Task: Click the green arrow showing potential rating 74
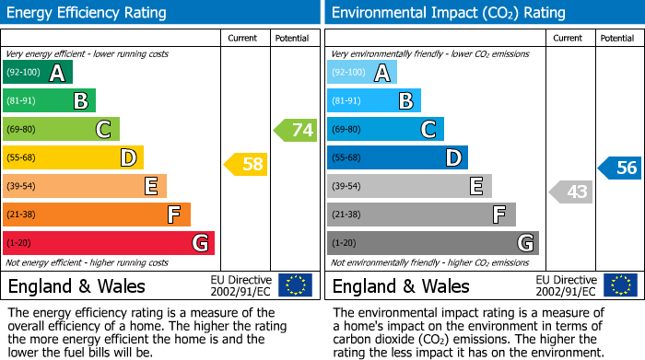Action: [x=296, y=130]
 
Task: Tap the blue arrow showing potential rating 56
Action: [x=620, y=168]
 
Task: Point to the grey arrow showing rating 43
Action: [x=571, y=192]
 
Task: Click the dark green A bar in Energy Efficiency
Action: [x=38, y=73]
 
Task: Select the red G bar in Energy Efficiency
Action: [x=109, y=243]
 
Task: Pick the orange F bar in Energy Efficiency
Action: [x=97, y=215]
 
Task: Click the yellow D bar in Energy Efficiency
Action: [x=74, y=157]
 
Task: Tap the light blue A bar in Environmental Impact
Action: [x=362, y=73]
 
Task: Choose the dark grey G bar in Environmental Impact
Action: [x=433, y=243]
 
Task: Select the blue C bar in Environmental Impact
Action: [x=385, y=129]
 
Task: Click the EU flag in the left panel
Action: [x=295, y=285]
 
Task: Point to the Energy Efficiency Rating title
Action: [x=88, y=13]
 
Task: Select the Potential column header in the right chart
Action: [x=616, y=38]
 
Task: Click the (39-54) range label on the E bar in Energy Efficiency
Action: [x=21, y=186]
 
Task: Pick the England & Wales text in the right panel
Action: [x=401, y=285]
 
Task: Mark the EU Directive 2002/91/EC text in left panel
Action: [x=240, y=285]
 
